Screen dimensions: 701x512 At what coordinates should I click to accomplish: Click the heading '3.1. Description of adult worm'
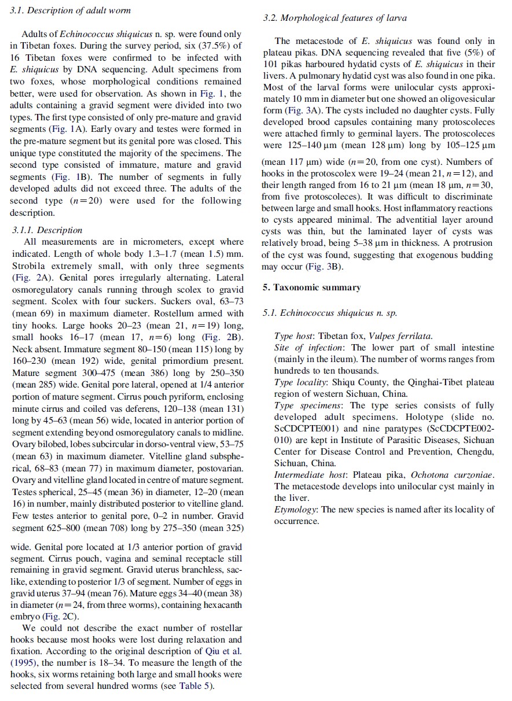click(x=71, y=10)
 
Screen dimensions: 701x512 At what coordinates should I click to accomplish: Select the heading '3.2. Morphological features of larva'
click(x=335, y=18)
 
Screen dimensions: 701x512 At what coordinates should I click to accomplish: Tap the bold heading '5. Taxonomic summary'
click(x=311, y=287)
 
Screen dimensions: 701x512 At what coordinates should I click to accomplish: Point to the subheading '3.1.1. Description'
click(x=47, y=230)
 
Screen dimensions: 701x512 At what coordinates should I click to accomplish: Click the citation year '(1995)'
click(x=23, y=663)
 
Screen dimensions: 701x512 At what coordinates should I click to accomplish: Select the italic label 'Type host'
click(x=294, y=336)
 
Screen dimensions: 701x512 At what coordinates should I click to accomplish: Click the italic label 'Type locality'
click(x=301, y=382)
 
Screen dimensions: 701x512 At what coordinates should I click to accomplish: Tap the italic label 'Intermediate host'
click(x=309, y=475)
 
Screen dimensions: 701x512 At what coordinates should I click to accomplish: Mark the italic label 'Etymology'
click(x=294, y=510)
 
